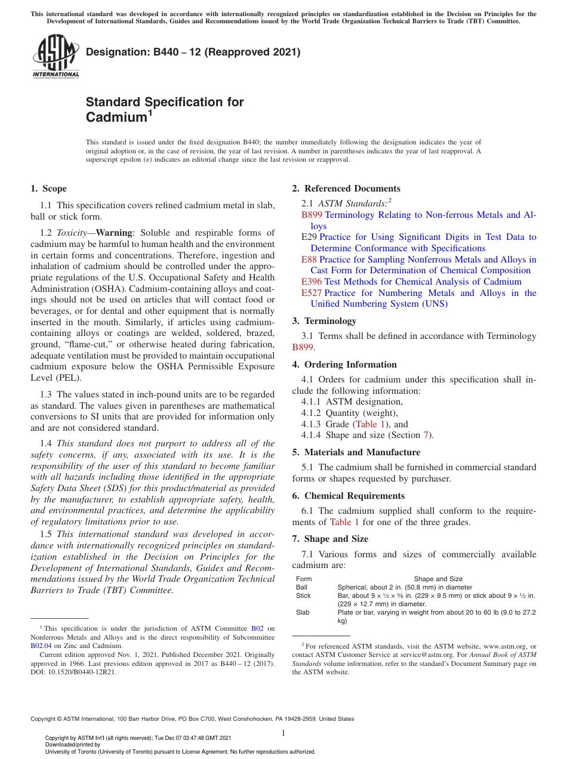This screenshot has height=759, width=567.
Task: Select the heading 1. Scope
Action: (49, 189)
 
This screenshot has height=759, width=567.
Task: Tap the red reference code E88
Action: (309, 260)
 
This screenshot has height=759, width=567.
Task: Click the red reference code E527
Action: (312, 293)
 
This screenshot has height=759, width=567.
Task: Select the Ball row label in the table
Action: (301, 587)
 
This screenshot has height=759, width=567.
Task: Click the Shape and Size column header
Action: (438, 579)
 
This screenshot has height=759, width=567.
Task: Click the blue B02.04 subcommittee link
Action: (41, 645)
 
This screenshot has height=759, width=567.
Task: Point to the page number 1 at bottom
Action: (283, 733)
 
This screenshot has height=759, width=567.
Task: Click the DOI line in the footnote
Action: (73, 671)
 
